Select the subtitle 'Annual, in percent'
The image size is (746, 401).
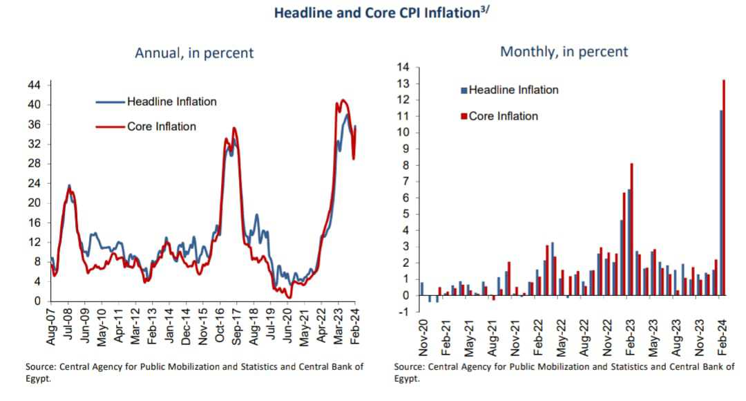(x=194, y=53)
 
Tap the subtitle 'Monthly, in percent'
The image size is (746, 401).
(x=564, y=51)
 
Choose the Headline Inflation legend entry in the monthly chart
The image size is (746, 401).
(x=513, y=90)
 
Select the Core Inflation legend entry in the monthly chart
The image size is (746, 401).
(x=503, y=116)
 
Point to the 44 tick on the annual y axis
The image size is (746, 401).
(x=34, y=85)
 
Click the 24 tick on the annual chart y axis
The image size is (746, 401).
(x=34, y=183)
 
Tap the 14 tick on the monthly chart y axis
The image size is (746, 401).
(x=403, y=67)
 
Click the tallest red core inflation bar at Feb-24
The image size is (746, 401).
(x=724, y=187)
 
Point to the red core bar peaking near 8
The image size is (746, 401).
(x=631, y=229)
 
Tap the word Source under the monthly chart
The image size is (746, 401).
(x=410, y=366)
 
